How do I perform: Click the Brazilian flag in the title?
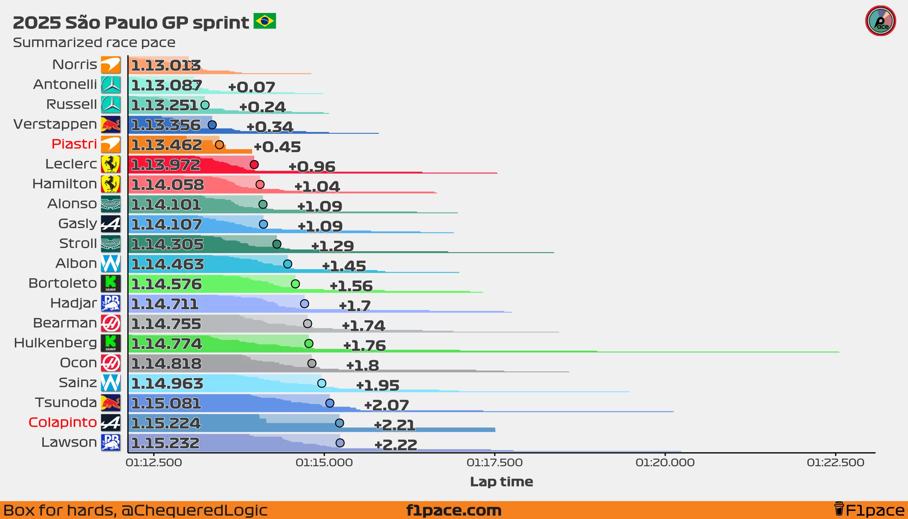(265, 21)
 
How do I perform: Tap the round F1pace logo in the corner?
(880, 21)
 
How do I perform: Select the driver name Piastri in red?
(74, 144)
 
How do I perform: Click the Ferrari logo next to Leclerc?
(111, 164)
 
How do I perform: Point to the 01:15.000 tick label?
(324, 463)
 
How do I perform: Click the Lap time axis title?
(501, 482)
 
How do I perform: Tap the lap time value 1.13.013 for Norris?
(166, 66)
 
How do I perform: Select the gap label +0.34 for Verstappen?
(270, 127)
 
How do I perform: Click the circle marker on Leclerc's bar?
(254, 165)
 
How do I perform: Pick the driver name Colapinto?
(63, 422)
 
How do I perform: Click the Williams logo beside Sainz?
(111, 383)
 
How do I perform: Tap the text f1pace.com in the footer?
(454, 510)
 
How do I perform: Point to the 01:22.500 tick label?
(835, 463)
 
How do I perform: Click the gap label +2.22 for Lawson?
(396, 445)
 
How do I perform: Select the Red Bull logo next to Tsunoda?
(111, 403)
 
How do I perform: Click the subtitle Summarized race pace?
(94, 43)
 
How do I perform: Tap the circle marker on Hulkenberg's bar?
(309, 344)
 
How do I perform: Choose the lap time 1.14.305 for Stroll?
(167, 244)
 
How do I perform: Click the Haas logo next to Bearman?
(111, 323)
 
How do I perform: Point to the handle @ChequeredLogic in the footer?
(194, 510)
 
